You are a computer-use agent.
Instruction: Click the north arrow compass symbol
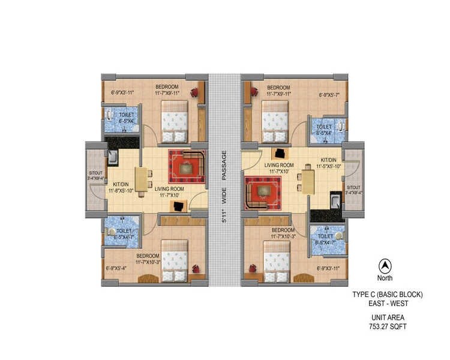(x=383, y=265)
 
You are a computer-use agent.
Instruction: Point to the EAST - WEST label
(x=388, y=304)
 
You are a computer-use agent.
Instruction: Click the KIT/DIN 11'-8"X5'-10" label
(x=121, y=187)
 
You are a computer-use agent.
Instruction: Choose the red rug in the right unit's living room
(x=262, y=193)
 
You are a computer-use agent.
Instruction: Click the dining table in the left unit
(x=142, y=180)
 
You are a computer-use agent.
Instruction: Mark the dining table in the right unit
(x=308, y=180)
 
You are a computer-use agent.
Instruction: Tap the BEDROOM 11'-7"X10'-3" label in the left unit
(x=147, y=259)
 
